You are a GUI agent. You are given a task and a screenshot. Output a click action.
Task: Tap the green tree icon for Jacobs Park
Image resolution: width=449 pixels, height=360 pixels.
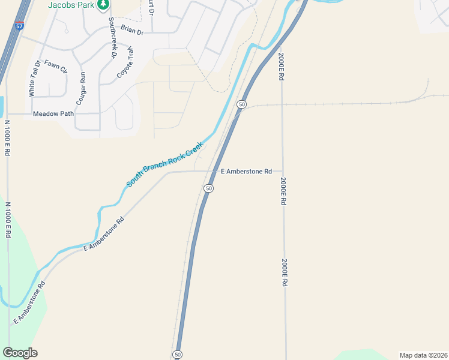[x=104, y=4]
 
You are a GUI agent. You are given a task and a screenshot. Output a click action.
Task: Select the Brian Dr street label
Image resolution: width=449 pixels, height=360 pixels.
[x=132, y=30]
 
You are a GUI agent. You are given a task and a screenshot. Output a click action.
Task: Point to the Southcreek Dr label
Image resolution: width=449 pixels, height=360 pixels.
[x=112, y=37]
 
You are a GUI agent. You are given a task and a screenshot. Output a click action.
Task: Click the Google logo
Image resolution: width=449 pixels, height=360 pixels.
[x=20, y=353]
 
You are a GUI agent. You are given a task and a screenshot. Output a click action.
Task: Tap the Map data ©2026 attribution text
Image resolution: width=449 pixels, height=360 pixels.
[x=423, y=355]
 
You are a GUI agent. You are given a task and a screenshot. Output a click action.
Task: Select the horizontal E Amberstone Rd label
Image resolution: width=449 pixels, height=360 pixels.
[x=247, y=172]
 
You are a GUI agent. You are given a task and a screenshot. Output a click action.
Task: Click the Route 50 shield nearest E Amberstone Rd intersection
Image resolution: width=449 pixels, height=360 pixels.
[x=208, y=188]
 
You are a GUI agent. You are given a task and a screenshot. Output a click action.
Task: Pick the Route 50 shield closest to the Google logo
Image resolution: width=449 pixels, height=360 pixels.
[x=177, y=355]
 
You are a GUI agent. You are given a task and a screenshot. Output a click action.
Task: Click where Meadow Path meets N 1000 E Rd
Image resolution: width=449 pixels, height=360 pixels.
[x=7, y=113]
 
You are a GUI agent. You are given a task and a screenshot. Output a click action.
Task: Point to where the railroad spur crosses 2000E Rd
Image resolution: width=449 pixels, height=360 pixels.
[x=281, y=104]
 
